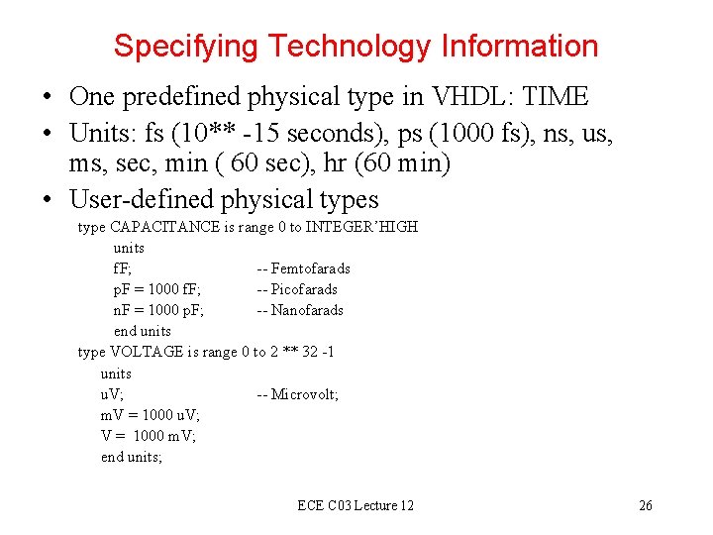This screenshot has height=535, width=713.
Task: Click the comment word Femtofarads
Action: (311, 268)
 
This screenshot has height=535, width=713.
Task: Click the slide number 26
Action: (646, 506)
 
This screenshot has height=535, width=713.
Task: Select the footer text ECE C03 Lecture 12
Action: (356, 506)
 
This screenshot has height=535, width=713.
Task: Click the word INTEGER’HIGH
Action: (361, 227)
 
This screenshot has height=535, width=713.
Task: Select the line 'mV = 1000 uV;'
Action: (150, 415)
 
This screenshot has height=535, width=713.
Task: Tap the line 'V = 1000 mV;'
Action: (149, 436)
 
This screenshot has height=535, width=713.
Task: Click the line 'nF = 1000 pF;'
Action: (159, 310)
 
